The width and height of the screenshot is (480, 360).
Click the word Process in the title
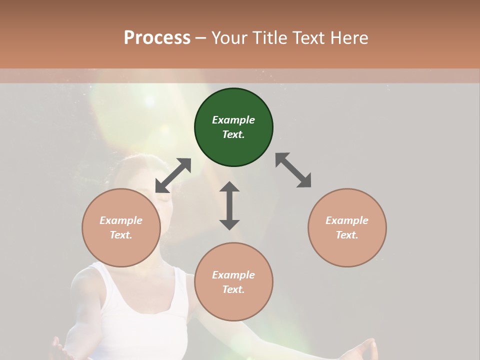[157, 38]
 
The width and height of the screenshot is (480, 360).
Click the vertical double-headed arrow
[229, 205]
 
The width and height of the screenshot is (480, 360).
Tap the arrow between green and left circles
[173, 175]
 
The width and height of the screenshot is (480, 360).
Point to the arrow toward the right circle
[293, 170]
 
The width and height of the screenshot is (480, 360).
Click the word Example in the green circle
[233, 120]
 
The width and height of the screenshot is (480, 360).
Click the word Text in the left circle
[120, 235]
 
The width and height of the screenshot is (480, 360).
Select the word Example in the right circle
[347, 220]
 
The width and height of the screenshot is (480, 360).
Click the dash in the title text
[200, 38]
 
